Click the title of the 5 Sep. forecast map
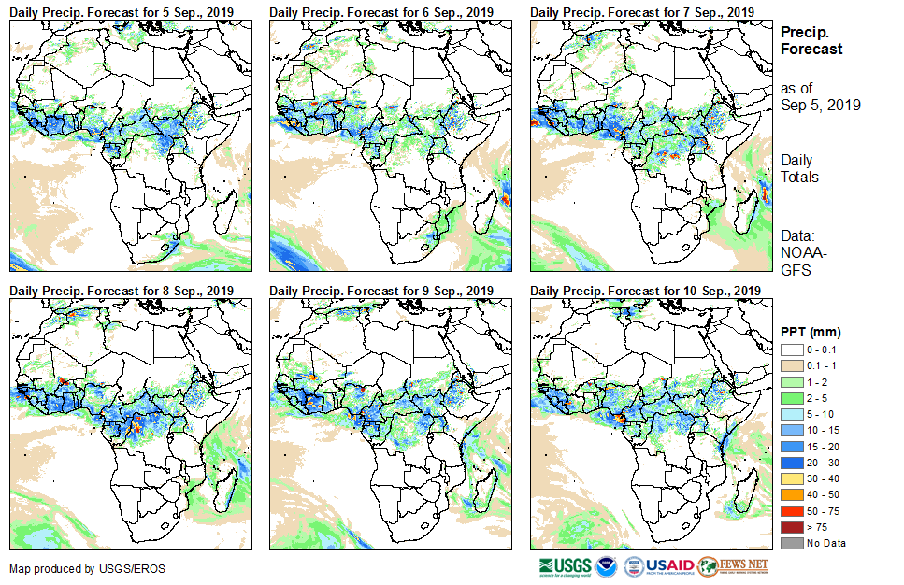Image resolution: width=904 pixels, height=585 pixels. point(122,11)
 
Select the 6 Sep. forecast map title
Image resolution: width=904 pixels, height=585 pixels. point(381,11)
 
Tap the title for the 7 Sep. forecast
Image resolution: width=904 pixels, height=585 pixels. point(641,11)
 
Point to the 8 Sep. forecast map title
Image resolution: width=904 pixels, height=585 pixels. point(122,291)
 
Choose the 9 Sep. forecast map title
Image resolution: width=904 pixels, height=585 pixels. point(381,291)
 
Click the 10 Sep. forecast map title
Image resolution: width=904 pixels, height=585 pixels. point(645,291)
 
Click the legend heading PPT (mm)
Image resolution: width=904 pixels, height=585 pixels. point(811,332)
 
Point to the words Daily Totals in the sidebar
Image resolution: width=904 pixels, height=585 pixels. point(799,169)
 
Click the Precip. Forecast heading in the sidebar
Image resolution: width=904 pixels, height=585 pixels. point(811,40)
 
